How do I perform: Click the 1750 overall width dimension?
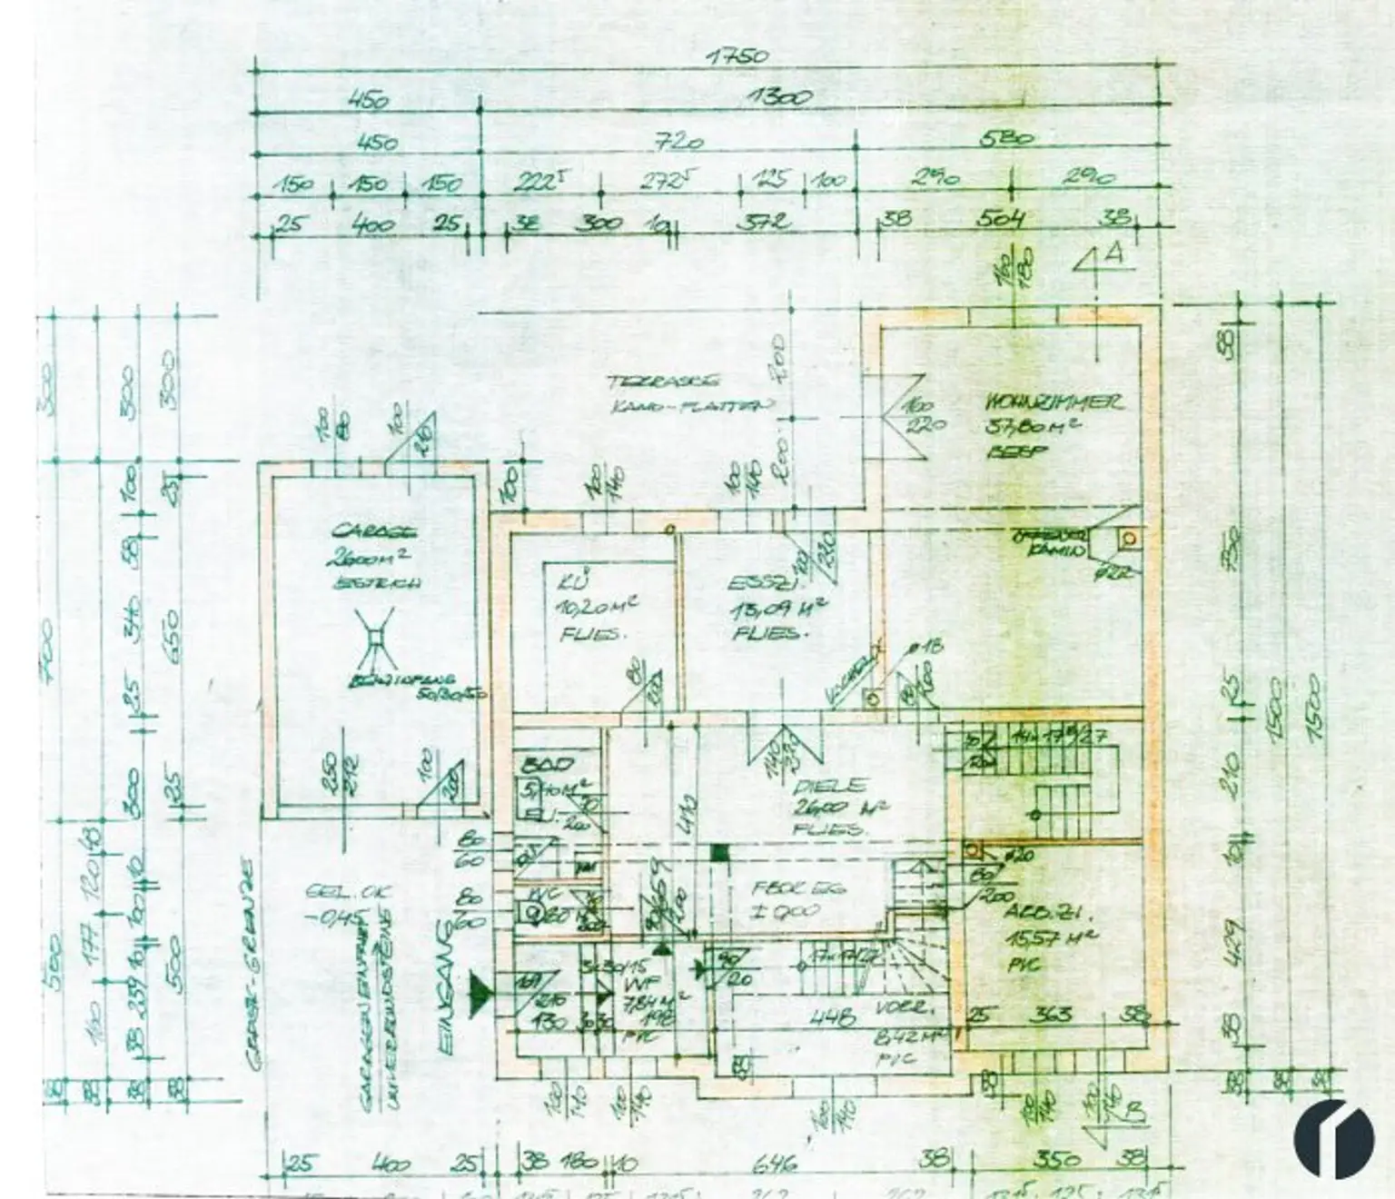click(x=737, y=56)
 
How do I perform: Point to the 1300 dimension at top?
click(x=781, y=97)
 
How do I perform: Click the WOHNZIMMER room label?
click(x=1054, y=402)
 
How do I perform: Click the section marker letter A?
click(x=1114, y=254)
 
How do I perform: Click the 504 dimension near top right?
click(x=1002, y=219)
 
